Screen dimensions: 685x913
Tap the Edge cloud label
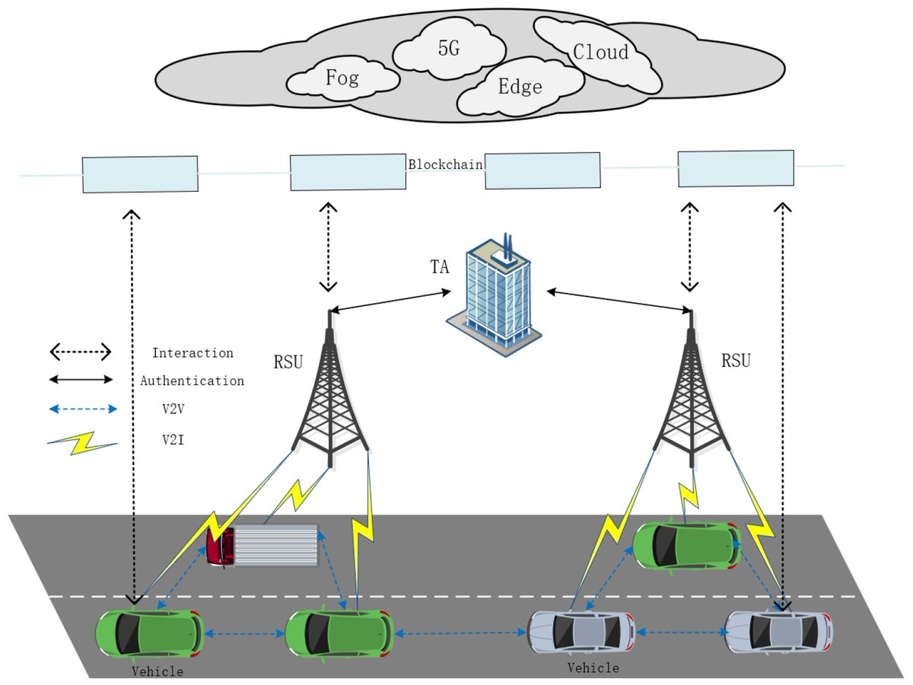point(520,87)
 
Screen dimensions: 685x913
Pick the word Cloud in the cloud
point(601,52)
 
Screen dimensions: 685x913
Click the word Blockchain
point(445,164)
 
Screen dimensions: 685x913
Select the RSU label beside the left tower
point(288,360)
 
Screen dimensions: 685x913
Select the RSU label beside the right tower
point(736,360)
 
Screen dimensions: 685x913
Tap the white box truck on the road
point(262,545)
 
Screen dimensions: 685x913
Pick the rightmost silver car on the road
point(778,631)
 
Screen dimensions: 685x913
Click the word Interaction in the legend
point(192,353)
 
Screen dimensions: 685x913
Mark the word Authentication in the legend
point(192,381)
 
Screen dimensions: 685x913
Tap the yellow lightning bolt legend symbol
point(81,443)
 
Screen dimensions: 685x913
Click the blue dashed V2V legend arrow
point(81,409)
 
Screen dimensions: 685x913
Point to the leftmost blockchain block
point(140,175)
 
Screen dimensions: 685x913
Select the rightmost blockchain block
point(736,168)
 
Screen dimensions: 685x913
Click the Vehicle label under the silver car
point(593,668)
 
